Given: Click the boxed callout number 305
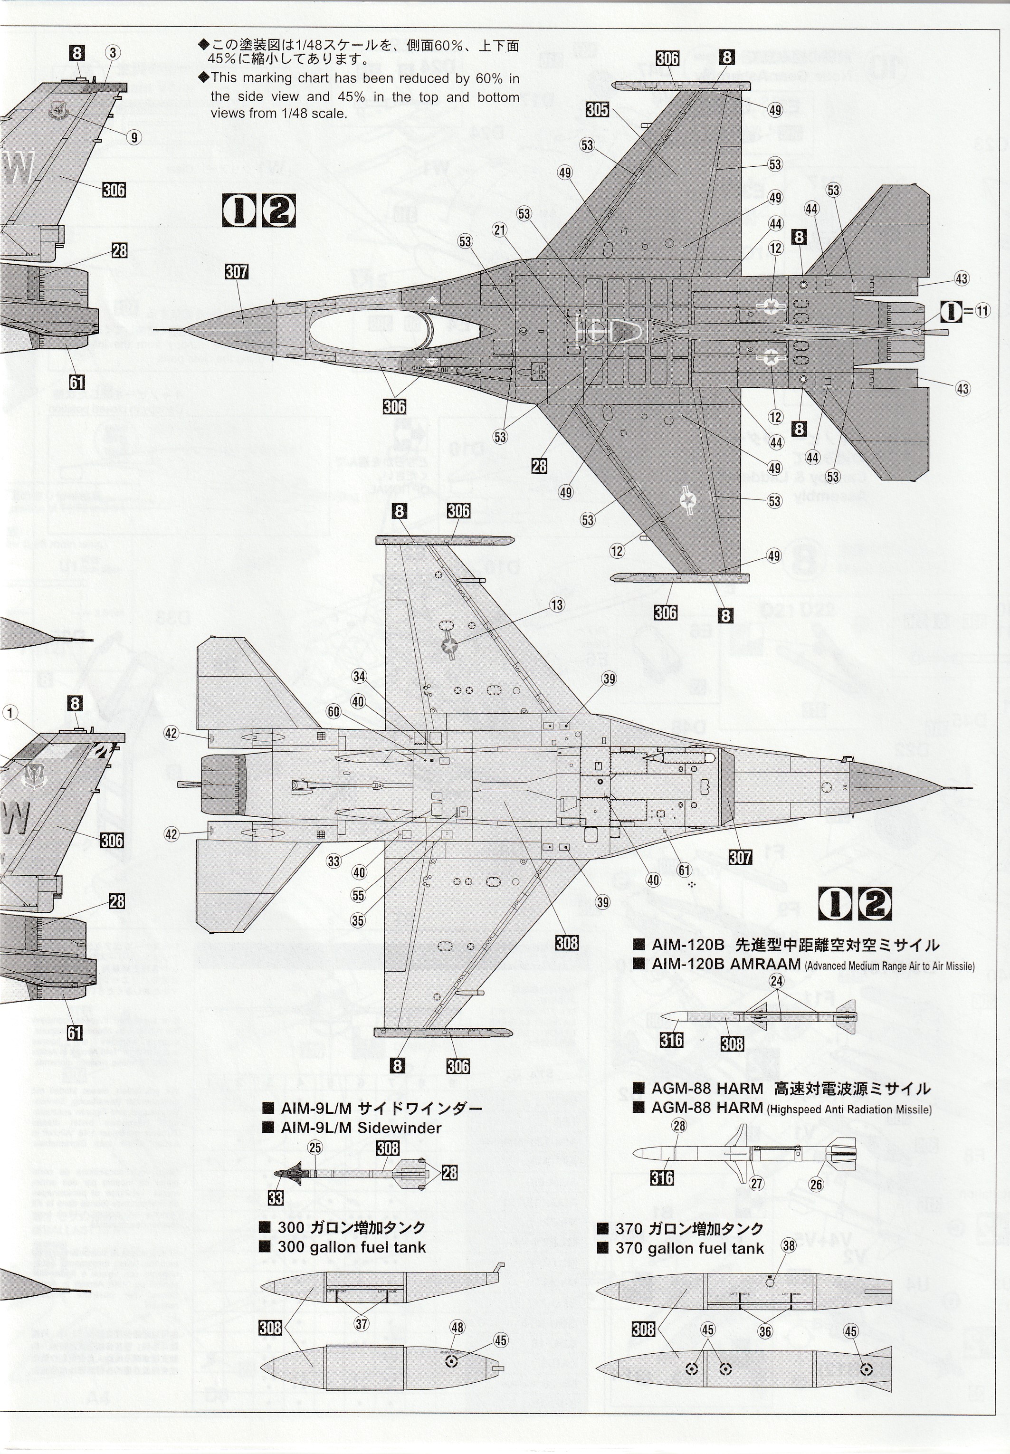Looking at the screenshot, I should [597, 109].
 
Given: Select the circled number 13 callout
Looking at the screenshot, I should [557, 604].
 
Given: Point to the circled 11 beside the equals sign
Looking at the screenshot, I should [982, 311].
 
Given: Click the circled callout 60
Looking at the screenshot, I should [333, 711].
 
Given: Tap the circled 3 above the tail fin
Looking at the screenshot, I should [112, 53].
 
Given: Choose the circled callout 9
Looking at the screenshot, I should [133, 137].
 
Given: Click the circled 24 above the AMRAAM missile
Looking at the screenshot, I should [776, 981].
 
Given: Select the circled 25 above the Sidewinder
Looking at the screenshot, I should [315, 1148].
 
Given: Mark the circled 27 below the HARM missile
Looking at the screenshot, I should [756, 1183].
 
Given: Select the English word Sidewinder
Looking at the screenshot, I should [400, 1128].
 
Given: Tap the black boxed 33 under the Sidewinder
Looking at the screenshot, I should [275, 1197].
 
